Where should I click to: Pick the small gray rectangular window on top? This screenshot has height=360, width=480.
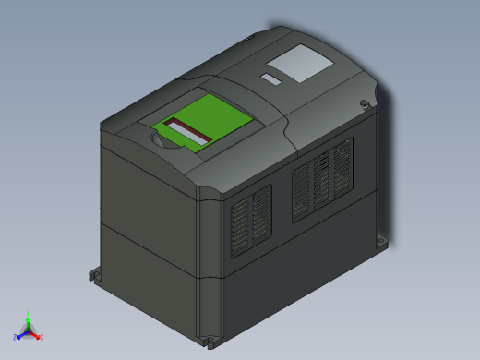click(271, 78)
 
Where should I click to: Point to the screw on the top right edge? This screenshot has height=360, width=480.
click(366, 104)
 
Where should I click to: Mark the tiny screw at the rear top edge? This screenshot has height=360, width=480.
click(250, 38)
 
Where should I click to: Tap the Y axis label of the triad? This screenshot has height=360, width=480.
click(29, 314)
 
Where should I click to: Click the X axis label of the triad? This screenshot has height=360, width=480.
click(41, 337)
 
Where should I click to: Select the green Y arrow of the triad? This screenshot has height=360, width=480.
click(29, 322)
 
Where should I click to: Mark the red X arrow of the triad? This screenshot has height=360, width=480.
click(34, 333)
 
